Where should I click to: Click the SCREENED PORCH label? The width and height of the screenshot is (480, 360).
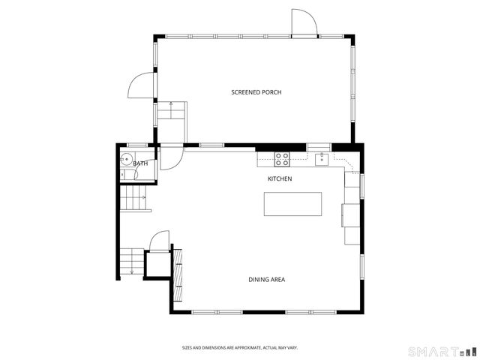coord(256,92)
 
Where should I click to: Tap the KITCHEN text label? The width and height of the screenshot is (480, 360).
coord(280,178)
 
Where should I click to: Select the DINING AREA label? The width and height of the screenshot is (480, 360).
coord(266,280)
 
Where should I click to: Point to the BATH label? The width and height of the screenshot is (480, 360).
coord(141,163)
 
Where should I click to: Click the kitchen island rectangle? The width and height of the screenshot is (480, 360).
coord(292,204)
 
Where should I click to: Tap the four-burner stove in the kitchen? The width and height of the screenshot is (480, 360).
coord(282,159)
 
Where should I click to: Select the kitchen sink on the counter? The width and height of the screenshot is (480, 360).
coord(321,158)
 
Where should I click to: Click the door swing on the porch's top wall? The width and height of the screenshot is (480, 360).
coord(304,22)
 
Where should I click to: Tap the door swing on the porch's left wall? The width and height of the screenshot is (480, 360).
coord(142,86)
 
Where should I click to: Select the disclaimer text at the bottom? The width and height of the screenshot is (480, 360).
coord(240,347)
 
